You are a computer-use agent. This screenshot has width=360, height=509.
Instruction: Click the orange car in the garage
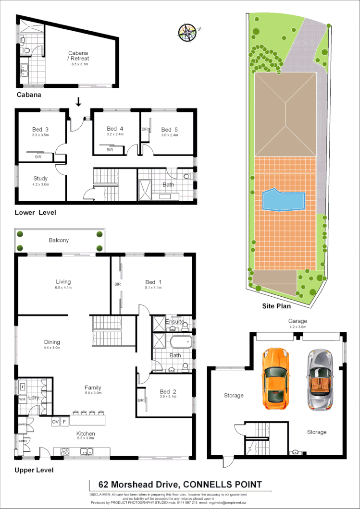click(275, 379)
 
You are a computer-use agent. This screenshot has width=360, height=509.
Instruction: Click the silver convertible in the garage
click(320, 379)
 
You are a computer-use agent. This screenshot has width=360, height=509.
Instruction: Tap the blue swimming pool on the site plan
click(284, 200)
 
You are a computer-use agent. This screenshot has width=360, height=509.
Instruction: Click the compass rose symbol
click(188, 31)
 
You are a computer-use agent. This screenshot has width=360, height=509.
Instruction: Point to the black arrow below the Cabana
click(78, 102)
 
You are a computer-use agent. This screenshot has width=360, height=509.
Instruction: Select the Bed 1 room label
click(150, 282)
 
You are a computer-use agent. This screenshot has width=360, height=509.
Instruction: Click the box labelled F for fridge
click(65, 422)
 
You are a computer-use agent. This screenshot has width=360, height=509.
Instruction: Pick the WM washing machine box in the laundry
click(22, 399)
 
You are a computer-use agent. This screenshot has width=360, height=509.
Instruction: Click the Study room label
click(40, 179)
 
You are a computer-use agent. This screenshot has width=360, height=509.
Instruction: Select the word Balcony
click(59, 240)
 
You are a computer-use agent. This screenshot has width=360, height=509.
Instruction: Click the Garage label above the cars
click(297, 321)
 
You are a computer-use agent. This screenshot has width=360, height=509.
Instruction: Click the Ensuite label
click(175, 321)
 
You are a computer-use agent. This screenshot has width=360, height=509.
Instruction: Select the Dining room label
click(52, 342)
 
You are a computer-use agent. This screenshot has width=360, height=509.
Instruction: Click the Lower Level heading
click(35, 212)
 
